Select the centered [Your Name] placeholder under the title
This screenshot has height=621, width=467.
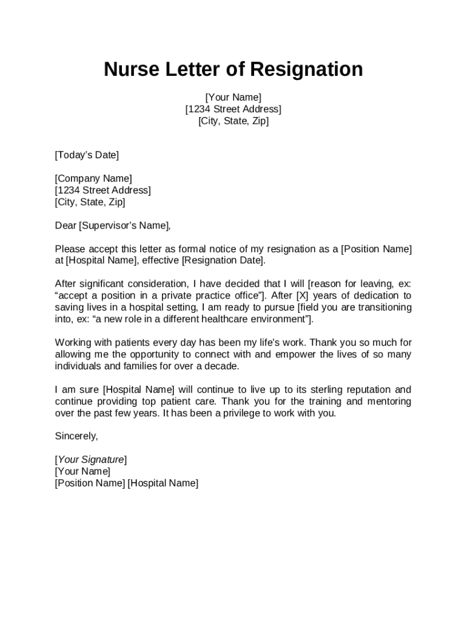(x=233, y=98)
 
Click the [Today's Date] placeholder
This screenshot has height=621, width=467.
(x=87, y=155)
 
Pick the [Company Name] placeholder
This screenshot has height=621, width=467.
(x=93, y=178)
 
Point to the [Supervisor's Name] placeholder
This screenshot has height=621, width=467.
(x=125, y=226)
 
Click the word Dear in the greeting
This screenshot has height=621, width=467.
(x=66, y=226)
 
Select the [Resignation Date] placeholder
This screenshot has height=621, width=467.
(x=223, y=261)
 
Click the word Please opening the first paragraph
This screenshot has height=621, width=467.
(x=69, y=249)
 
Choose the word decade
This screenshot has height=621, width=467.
(x=223, y=366)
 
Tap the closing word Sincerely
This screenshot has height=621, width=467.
(x=76, y=437)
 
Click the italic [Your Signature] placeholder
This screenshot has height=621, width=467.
(x=90, y=460)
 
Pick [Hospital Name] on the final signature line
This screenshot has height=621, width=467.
(x=163, y=483)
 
